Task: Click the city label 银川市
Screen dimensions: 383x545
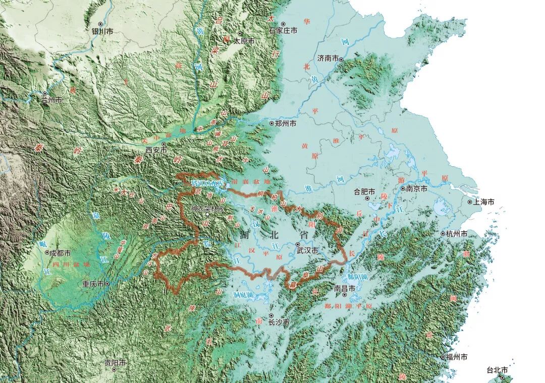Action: (103, 31)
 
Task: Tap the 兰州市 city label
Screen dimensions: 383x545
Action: (52, 100)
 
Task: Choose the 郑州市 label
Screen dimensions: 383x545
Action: (286, 123)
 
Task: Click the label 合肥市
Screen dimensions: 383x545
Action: (364, 191)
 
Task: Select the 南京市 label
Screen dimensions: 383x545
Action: (417, 188)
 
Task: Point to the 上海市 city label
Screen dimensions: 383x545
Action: (483, 202)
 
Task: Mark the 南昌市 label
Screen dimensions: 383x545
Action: (345, 289)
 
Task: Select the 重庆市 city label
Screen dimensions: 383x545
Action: (93, 284)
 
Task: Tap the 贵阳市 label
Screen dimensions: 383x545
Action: (115, 363)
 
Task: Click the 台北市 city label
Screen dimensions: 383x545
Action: (497, 370)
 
